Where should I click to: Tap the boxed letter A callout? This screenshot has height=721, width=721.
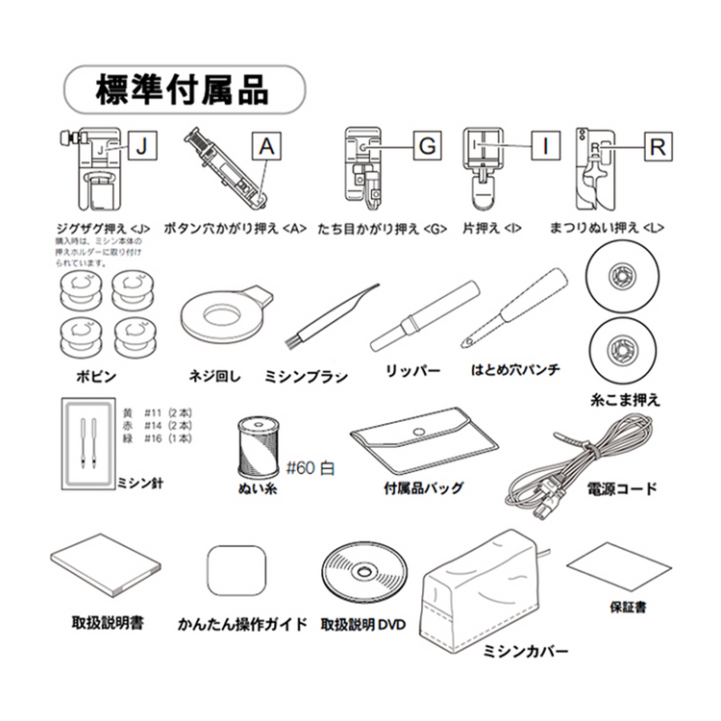[x=268, y=146]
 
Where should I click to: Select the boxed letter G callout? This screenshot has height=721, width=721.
[x=427, y=146]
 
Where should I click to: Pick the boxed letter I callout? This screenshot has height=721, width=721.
[x=545, y=146]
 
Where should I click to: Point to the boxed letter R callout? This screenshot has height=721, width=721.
[x=656, y=146]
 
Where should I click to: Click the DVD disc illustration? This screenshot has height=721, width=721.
[x=364, y=575]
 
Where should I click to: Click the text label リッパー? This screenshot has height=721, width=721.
[x=412, y=371]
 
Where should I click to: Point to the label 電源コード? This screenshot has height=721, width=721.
[x=622, y=489]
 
